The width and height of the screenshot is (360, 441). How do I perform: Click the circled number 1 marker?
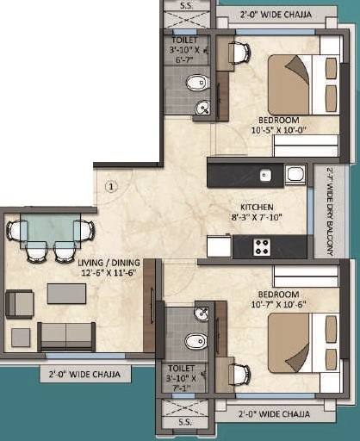pyautogui.click(x=111, y=184)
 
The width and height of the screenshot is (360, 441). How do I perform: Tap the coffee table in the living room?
pyautogui.click(x=66, y=293)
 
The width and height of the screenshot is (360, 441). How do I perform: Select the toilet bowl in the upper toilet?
pyautogui.click(x=197, y=84)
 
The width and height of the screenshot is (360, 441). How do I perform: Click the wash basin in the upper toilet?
pyautogui.click(x=202, y=108)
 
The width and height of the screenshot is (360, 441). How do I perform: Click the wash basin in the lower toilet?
pyautogui.click(x=202, y=313)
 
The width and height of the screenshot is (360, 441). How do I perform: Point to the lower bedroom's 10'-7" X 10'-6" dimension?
pyautogui.click(x=273, y=303)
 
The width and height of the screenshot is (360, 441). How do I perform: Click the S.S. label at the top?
pyautogui.click(x=186, y=6)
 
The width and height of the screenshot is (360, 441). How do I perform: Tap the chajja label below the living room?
pyautogui.click(x=84, y=374)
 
